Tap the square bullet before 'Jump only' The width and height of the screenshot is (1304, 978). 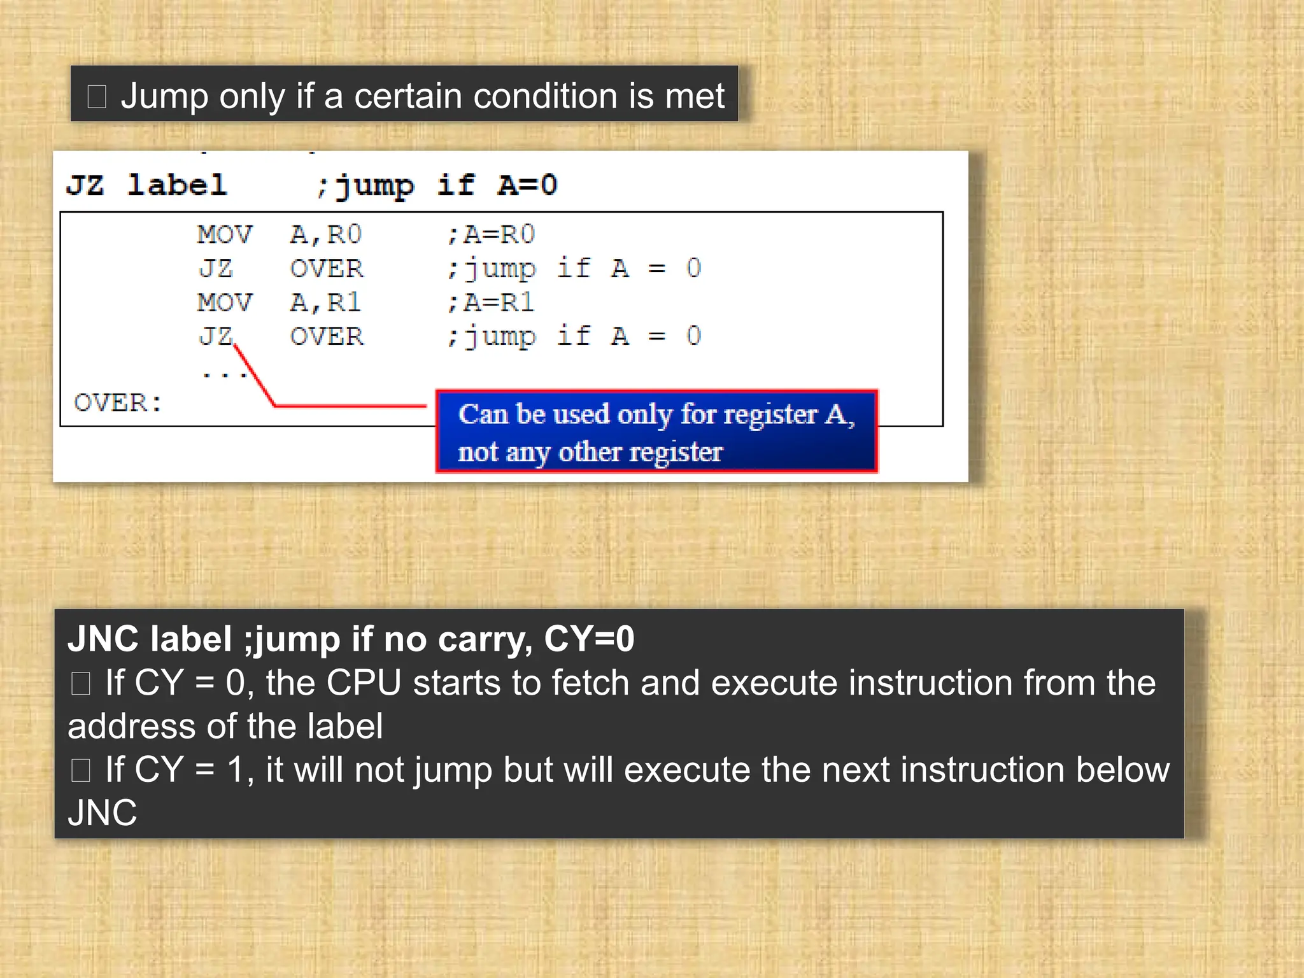97,97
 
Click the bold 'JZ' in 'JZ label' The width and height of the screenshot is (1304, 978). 85,185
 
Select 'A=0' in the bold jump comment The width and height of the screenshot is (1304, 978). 528,185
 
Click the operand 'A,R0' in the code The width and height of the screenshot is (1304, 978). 325,235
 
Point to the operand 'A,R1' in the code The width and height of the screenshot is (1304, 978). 325,302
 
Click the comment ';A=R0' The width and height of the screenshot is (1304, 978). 491,235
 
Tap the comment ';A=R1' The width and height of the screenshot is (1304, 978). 490,302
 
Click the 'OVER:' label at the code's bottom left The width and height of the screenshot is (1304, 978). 118,402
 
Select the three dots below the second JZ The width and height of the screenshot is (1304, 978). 224,374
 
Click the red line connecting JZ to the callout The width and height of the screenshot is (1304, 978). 350,405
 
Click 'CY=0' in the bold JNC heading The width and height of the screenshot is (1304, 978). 589,639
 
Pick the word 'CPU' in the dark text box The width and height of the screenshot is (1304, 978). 364,683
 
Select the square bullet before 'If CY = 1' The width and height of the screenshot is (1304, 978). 81,770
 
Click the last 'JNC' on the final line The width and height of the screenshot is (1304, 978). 103,813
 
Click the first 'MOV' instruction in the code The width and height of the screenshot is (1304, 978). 225,235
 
